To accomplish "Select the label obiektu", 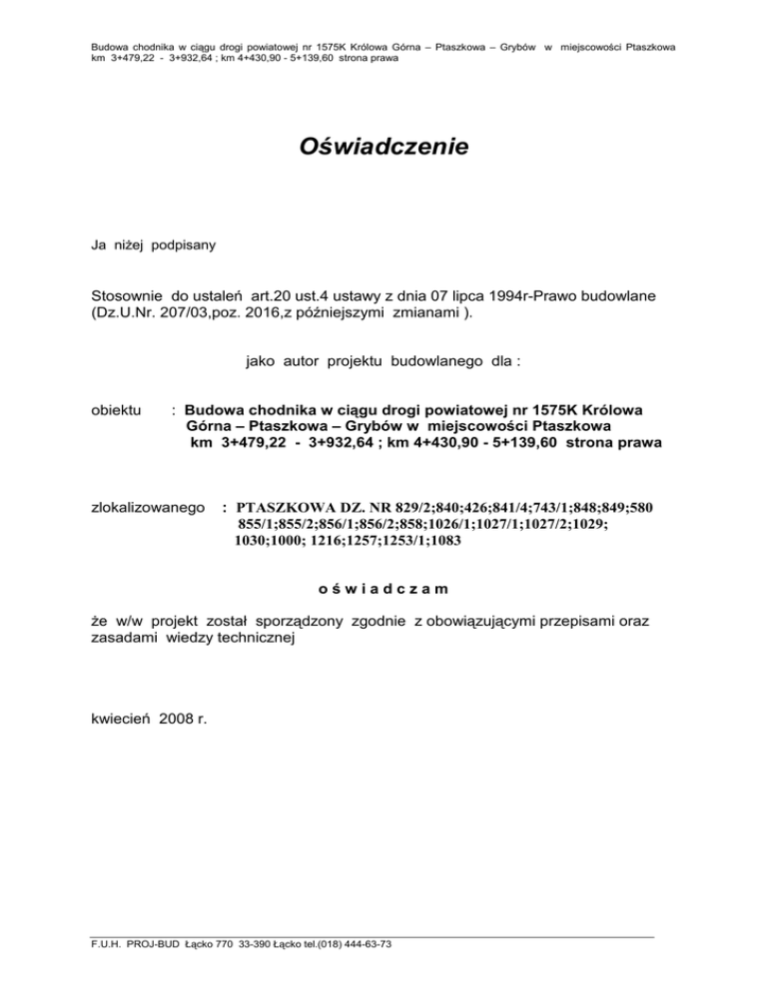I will pos(117,410).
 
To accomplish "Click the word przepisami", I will pos(560,622).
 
